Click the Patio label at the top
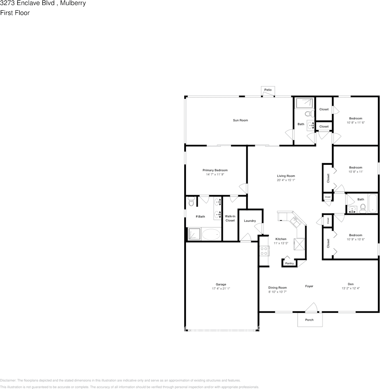(x=268, y=90)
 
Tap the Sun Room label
(x=240, y=120)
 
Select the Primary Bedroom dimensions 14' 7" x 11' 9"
(x=215, y=174)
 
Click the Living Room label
(x=286, y=176)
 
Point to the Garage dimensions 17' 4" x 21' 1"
(x=221, y=289)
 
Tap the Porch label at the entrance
(x=309, y=320)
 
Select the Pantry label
(x=290, y=263)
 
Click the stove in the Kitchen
(x=264, y=250)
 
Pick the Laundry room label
(x=250, y=221)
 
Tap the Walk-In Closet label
(x=230, y=218)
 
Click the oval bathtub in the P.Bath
(x=211, y=234)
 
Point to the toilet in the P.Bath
(x=191, y=202)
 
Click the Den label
(x=350, y=284)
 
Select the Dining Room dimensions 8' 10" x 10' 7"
(x=277, y=292)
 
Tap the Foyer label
(x=309, y=286)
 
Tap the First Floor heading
(x=15, y=13)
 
